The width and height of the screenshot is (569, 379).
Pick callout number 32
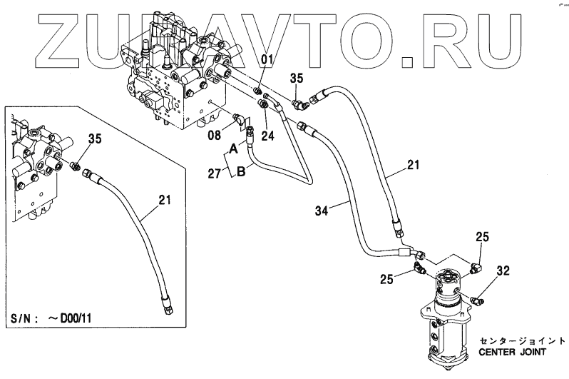pyautogui.click(x=503, y=271)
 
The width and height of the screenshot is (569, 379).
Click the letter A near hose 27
pyautogui.click(x=233, y=149)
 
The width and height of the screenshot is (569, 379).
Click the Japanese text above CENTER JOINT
pyautogui.click(x=513, y=340)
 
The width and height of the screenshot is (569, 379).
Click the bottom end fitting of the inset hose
pyautogui.click(x=168, y=307)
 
